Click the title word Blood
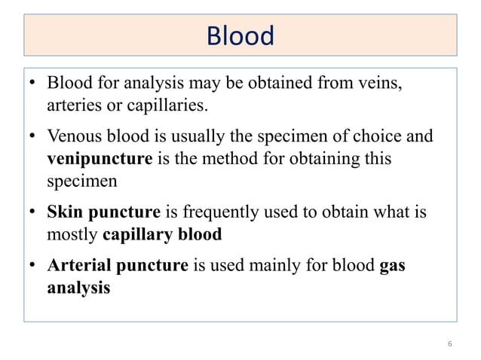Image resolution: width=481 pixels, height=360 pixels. click(240, 36)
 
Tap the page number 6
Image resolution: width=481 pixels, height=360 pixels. click(449, 343)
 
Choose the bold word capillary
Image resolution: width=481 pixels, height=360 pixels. click(136, 234)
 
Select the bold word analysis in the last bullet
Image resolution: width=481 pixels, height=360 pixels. click(78, 288)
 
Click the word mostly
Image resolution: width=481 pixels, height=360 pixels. click(72, 234)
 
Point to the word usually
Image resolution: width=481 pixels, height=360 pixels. click(195, 138)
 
